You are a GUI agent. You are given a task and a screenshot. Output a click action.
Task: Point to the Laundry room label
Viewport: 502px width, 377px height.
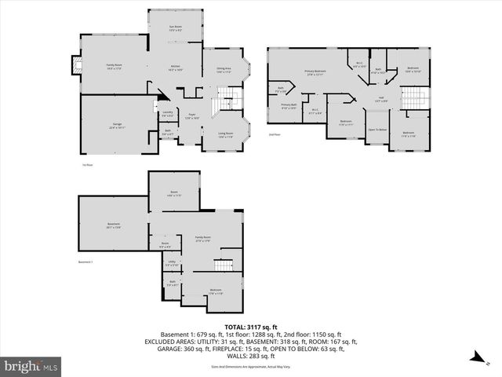pos(166,114)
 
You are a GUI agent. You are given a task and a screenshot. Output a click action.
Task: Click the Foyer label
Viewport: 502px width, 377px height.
pos(191,117)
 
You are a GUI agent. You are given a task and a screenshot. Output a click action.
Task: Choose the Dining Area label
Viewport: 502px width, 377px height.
pos(224,71)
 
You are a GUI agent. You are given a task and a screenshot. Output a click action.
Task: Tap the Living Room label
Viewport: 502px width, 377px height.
pos(225,135)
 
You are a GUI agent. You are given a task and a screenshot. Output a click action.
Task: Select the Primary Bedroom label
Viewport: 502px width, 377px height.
pos(315,73)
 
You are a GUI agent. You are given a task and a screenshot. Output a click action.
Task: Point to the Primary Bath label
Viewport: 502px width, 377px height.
pos(289,106)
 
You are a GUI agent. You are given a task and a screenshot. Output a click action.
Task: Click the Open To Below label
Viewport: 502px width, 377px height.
pos(378,130)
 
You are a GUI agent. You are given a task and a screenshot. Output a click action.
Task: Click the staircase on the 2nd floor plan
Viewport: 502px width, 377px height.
pos(413,97)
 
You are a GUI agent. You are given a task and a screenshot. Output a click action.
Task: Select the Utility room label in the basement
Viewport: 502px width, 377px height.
pos(171,263)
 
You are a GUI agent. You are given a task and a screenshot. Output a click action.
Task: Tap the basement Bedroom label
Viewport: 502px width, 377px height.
pos(216,292)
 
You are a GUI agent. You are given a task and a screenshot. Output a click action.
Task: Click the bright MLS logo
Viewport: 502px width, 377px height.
pos(31,367)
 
